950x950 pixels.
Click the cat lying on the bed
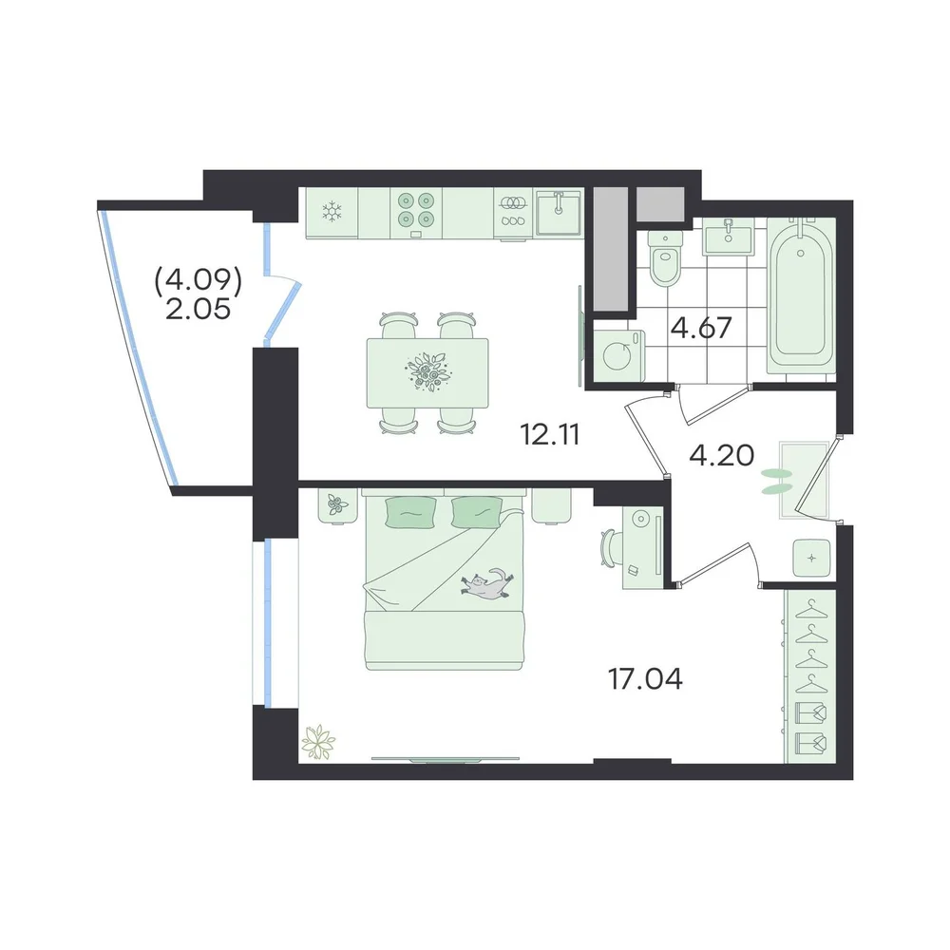485,584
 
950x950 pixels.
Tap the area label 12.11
550,434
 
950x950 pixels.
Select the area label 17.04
645,679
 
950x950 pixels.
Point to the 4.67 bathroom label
702,328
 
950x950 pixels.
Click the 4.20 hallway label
722,455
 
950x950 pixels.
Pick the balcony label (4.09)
199,281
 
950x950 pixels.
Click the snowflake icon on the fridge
332,212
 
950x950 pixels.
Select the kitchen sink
558,212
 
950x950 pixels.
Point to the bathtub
801,295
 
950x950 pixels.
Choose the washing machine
618,355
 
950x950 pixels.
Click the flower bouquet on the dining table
427,371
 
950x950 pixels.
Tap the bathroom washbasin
728,237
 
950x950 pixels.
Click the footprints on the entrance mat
777,481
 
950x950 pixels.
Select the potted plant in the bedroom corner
317,741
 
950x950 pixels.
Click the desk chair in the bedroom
610,548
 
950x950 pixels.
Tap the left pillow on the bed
410,513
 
